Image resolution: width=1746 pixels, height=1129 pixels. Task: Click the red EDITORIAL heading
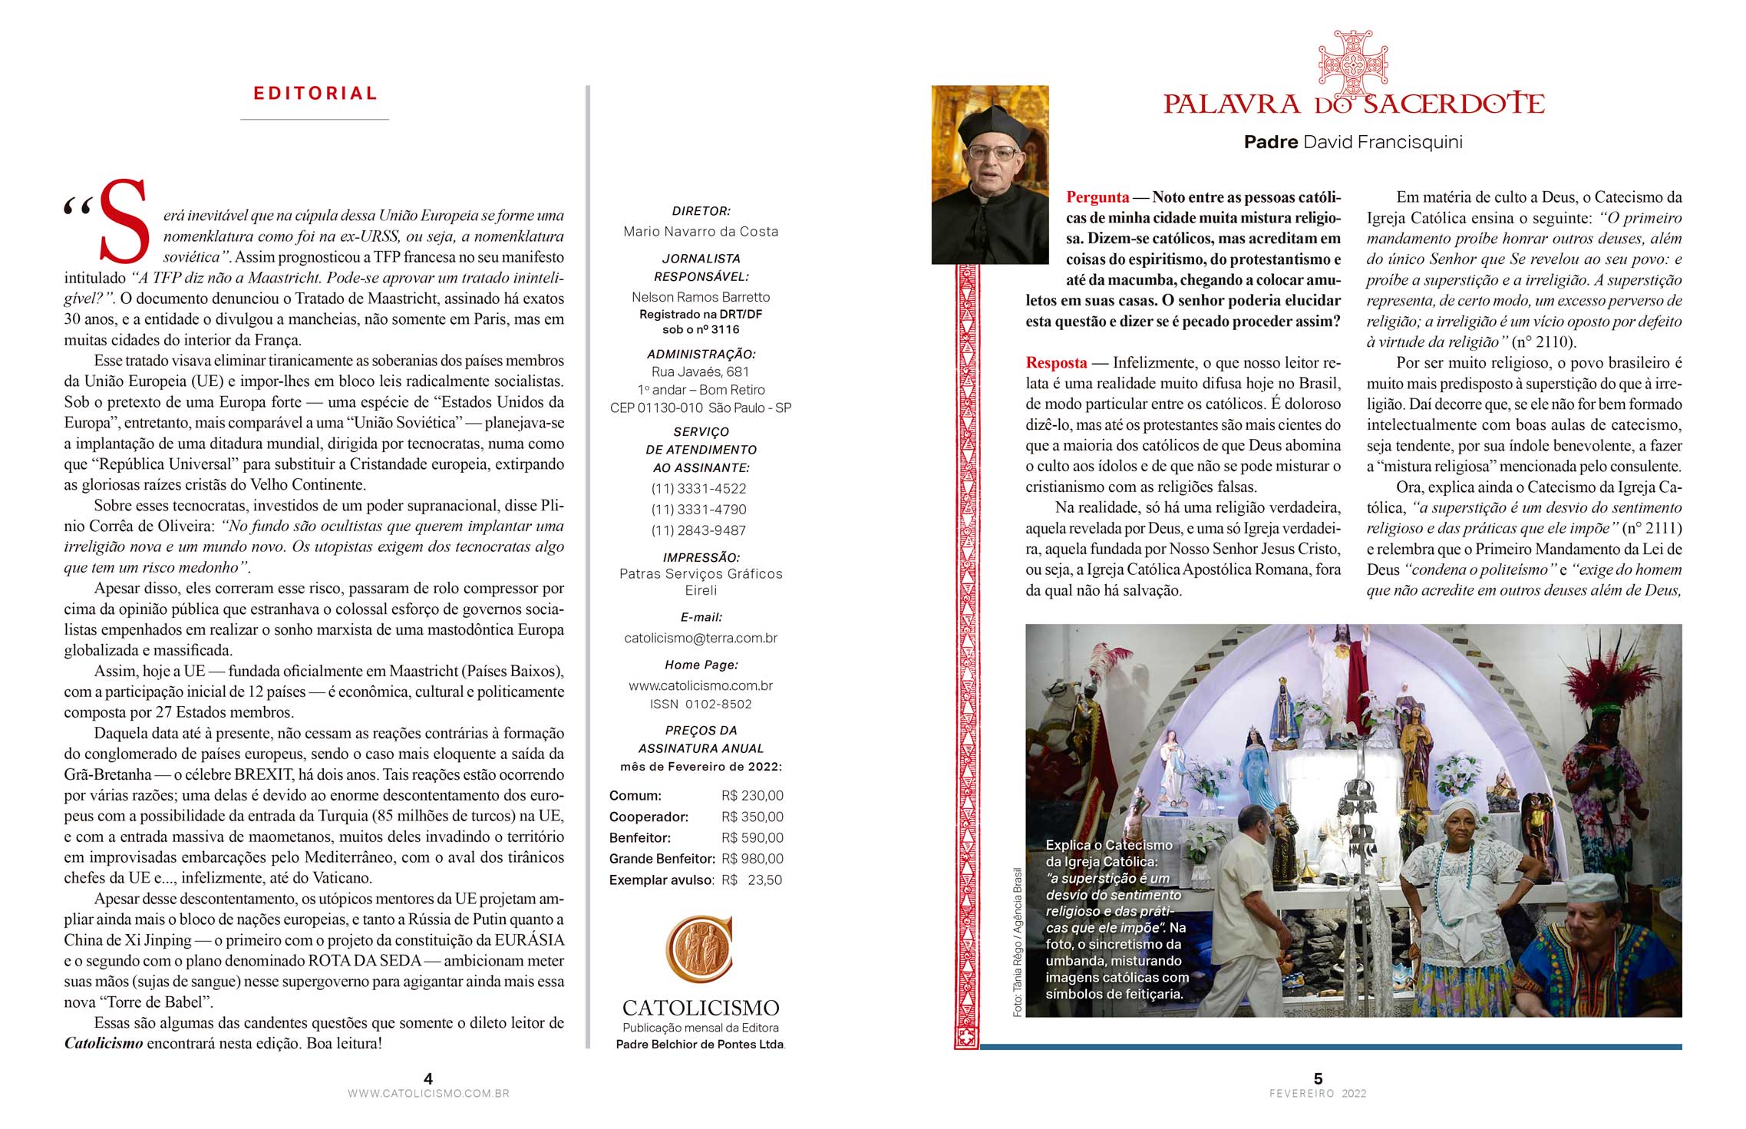[315, 94]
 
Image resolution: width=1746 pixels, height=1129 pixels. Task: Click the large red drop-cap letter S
[123, 222]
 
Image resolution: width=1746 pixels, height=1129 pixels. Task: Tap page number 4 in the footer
[428, 1078]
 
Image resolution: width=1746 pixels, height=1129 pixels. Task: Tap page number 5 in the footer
[1318, 1078]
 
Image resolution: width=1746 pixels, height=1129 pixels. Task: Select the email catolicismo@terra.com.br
[701, 638]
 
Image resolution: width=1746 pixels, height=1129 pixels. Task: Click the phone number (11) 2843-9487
[698, 530]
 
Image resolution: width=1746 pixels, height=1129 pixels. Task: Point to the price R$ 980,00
[752, 859]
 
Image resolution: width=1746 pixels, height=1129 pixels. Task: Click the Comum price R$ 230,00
[752, 796]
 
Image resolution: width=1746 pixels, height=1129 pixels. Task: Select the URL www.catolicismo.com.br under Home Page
[701, 685]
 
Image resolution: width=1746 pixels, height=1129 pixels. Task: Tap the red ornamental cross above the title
[1352, 63]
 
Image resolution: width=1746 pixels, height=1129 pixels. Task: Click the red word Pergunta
[1097, 197]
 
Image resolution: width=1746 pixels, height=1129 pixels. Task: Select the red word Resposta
[1056, 363]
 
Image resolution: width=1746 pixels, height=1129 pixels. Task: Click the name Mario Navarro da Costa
[701, 232]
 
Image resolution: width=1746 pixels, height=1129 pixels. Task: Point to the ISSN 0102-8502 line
[701, 705]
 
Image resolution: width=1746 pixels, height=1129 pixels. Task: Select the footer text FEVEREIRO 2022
[1318, 1094]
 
